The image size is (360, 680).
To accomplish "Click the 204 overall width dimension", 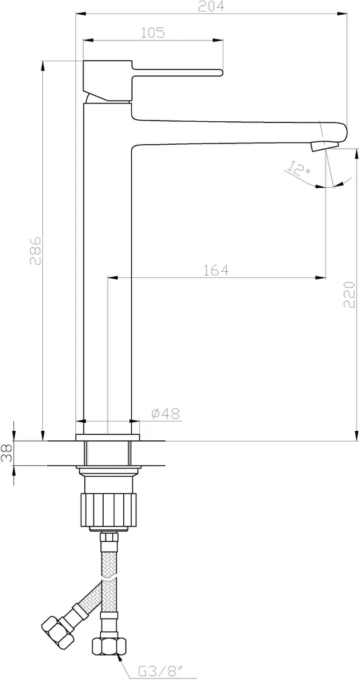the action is click(x=211, y=6).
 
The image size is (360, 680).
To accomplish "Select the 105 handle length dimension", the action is click(x=153, y=32).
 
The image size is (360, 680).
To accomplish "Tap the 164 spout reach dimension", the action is click(x=216, y=270).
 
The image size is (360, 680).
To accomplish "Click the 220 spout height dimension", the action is click(x=349, y=294).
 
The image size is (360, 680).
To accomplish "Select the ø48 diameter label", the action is click(x=166, y=414).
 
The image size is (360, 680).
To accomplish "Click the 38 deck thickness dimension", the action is click(x=7, y=452).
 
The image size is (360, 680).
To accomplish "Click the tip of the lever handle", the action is click(x=222, y=72).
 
